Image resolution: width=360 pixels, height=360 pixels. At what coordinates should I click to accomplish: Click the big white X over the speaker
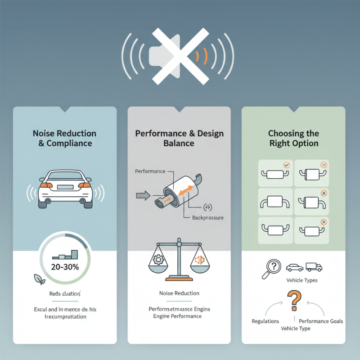(x=179, y=56)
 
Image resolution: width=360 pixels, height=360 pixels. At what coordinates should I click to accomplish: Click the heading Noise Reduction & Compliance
(x=65, y=138)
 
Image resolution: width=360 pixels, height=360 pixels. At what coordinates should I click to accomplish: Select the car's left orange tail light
(x=45, y=185)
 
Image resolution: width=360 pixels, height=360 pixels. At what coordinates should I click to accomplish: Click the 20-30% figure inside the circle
(x=65, y=267)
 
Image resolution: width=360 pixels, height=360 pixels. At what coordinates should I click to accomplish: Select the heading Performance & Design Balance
(x=179, y=138)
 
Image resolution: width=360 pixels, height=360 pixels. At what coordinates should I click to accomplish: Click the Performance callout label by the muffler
(x=150, y=171)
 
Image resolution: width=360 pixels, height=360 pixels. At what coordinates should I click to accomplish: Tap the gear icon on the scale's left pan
(x=159, y=260)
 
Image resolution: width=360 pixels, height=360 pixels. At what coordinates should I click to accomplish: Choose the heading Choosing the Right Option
(x=293, y=138)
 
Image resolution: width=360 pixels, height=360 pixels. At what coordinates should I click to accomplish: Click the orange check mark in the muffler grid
(x=287, y=165)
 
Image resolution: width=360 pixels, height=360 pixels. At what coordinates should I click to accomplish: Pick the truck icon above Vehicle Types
(x=314, y=267)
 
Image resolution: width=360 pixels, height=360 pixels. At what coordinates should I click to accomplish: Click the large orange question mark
(x=293, y=301)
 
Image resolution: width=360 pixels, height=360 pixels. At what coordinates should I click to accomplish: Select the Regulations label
(x=265, y=321)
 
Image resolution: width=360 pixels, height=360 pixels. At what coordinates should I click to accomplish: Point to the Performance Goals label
(x=321, y=321)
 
